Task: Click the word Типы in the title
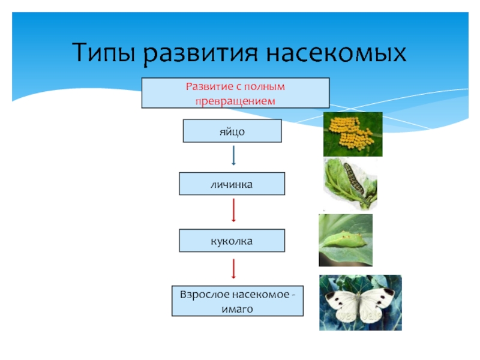[x=104, y=54]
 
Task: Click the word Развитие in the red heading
[x=206, y=86]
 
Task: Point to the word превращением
[x=235, y=101]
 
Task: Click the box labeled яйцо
[x=232, y=130]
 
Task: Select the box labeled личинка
[x=232, y=184]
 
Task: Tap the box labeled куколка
[x=232, y=241]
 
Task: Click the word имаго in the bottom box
[x=238, y=310]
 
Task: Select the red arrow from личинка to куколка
[x=233, y=210]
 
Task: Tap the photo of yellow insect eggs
[x=353, y=134]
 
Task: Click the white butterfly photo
[x=360, y=302]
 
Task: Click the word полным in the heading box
[x=266, y=86]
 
